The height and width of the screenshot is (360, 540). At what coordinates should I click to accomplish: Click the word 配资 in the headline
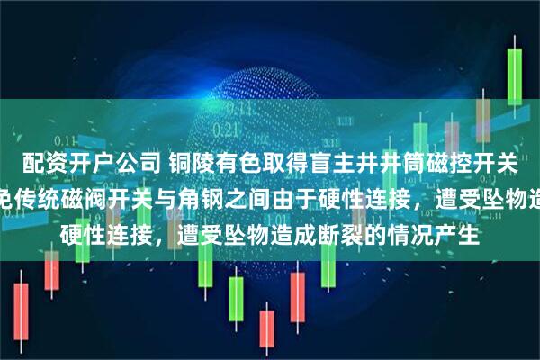click(x=40, y=163)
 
